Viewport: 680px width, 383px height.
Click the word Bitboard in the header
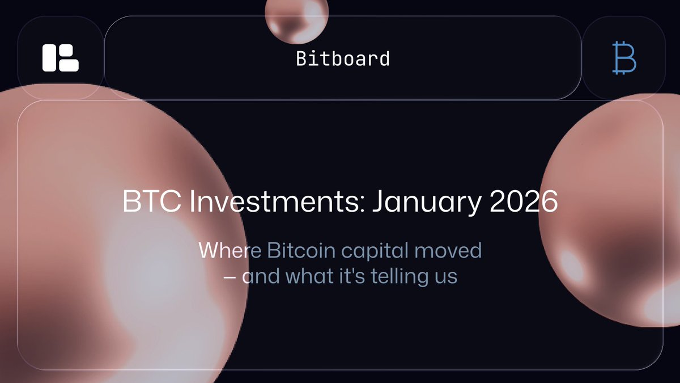pos(343,58)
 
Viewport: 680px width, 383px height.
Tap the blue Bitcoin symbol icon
pos(624,58)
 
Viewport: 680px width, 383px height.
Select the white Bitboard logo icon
pos(60,58)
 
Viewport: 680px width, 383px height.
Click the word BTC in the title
pos(145,203)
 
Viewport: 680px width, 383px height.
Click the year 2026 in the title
pos(524,203)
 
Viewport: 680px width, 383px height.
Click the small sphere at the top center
pos(296,20)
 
